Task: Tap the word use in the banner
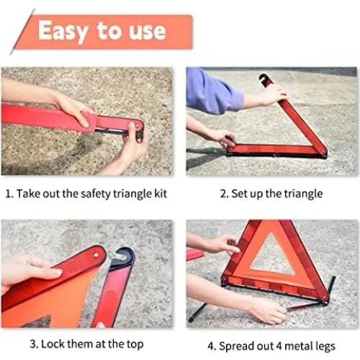(145, 32)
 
